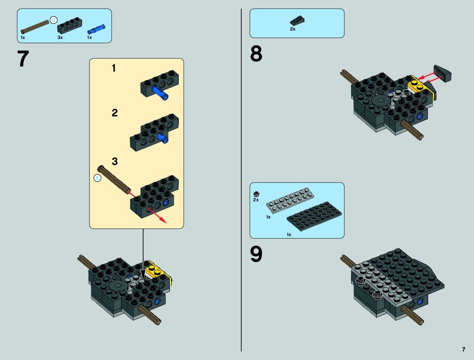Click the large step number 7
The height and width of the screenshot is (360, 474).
[x=23, y=59]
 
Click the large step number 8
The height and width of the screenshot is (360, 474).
[x=256, y=54]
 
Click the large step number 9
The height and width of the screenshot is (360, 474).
[x=256, y=254]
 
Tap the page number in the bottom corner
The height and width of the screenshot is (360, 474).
[x=463, y=349]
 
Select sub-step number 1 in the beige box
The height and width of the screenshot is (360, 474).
[x=114, y=68]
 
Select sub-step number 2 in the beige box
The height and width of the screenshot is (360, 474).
[x=114, y=113]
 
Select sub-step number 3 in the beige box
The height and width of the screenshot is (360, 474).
[x=114, y=161]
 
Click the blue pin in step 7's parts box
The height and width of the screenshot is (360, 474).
[x=96, y=29]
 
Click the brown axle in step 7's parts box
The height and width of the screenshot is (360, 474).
[x=35, y=27]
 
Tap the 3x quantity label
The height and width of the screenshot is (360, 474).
[x=60, y=37]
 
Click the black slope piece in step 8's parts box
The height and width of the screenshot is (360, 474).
[x=297, y=21]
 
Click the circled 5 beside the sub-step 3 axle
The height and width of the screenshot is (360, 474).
[x=97, y=178]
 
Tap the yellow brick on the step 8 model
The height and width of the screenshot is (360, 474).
[x=419, y=86]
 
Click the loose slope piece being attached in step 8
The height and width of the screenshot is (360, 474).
[x=443, y=73]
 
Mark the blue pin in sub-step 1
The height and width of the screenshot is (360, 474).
[x=161, y=92]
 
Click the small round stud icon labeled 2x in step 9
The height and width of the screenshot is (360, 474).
[x=256, y=194]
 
